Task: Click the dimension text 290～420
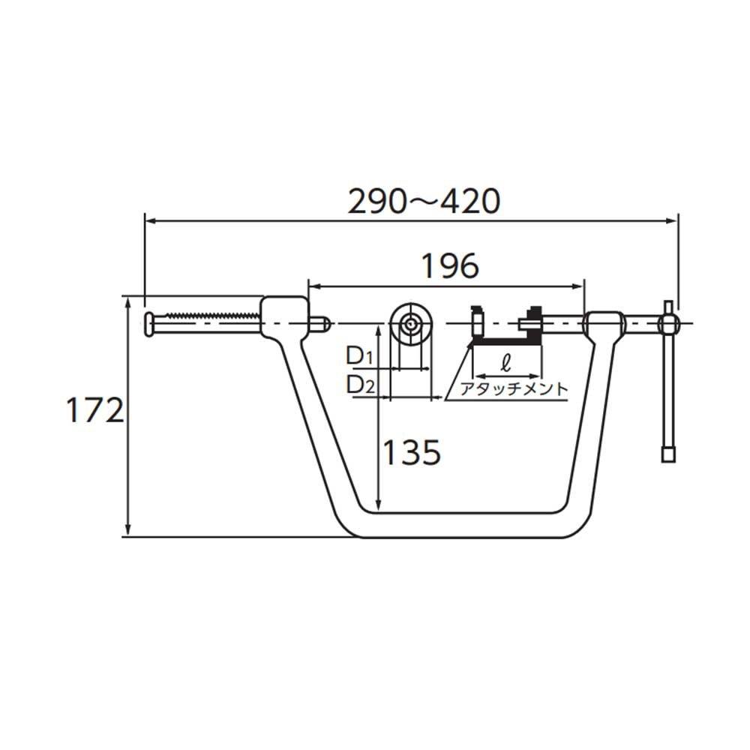click(423, 202)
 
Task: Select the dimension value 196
click(448, 266)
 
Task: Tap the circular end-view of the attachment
click(410, 324)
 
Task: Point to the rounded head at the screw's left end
click(150, 323)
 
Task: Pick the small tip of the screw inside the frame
click(322, 323)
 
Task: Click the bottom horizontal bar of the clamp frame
click(461, 525)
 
